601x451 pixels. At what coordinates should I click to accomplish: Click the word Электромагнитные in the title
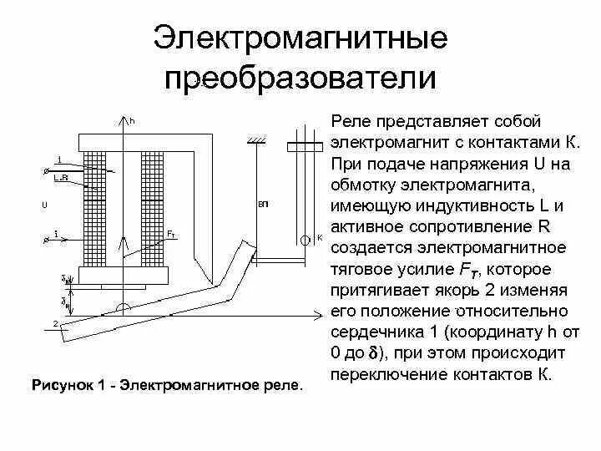pos(300,39)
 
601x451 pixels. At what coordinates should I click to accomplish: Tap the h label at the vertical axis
pos(132,122)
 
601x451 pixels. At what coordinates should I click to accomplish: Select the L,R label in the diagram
pos(60,178)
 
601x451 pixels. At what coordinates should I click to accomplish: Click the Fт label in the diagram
pos(171,232)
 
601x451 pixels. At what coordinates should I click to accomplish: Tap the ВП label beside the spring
pos(263,205)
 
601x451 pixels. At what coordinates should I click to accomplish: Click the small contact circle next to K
pos(305,238)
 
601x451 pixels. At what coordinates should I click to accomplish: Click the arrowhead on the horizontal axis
pos(320,314)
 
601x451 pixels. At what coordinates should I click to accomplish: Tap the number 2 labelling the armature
pos(54,323)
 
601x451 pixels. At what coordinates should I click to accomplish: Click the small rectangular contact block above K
pos(304,147)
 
